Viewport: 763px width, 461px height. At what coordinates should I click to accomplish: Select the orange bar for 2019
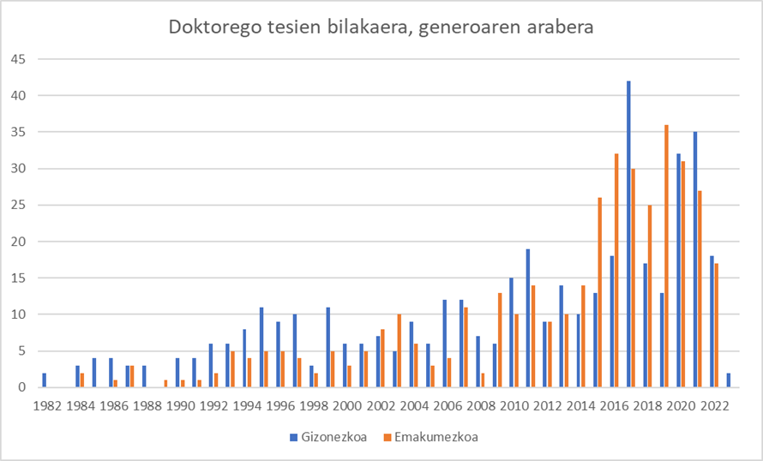tap(666, 256)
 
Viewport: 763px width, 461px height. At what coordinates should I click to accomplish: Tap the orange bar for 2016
tap(616, 271)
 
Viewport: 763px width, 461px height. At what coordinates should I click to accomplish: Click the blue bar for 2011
tap(528, 318)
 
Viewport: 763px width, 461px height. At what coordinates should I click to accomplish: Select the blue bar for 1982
tap(45, 380)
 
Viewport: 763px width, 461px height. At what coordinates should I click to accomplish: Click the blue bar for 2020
tap(678, 271)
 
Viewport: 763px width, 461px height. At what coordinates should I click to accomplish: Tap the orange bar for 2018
tap(650, 296)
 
